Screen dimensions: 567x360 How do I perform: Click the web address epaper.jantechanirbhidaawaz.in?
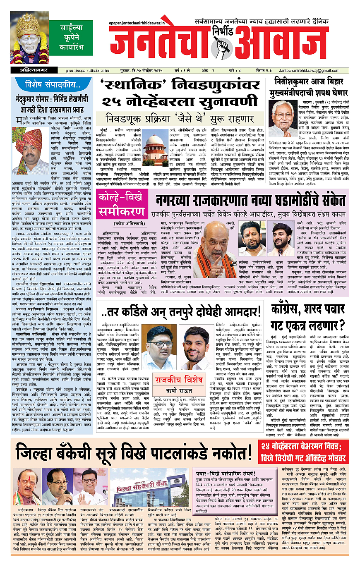point(137,24)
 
